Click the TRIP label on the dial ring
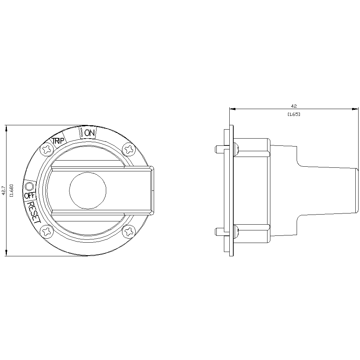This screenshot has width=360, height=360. click(x=57, y=141)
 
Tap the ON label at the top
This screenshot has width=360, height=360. click(x=89, y=133)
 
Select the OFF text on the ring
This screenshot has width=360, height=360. click(x=30, y=195)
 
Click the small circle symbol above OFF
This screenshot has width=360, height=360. click(x=29, y=186)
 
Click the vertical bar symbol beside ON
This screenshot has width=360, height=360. click(x=81, y=133)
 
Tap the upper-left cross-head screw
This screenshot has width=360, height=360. click(x=48, y=150)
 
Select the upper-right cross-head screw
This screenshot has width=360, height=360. click(x=129, y=150)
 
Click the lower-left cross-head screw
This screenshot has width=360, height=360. click(x=47, y=231)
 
